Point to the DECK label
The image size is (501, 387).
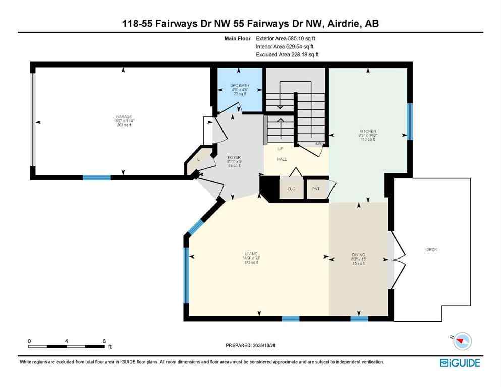click(x=432, y=249)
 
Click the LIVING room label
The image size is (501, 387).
click(x=251, y=253)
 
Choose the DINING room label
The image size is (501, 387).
click(x=358, y=254)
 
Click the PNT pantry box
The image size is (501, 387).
click(x=317, y=189)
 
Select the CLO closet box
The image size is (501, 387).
click(x=291, y=189)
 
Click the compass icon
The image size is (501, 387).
click(x=461, y=341)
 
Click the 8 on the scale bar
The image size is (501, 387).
click(x=103, y=341)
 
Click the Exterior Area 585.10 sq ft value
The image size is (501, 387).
click(x=288, y=38)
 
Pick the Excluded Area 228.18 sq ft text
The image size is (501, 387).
click(x=288, y=54)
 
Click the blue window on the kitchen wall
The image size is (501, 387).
click(x=410, y=121)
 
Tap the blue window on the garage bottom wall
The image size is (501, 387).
click(x=96, y=177)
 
